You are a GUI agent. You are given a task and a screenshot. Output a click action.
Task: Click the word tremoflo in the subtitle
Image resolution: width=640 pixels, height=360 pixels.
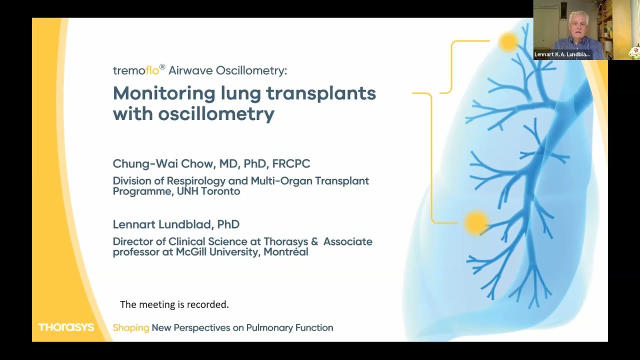click(x=135, y=70)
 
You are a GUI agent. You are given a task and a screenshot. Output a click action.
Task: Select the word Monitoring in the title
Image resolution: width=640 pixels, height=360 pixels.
click(x=163, y=93)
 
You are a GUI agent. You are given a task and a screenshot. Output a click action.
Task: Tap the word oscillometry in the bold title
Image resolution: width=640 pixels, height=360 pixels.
click(x=216, y=114)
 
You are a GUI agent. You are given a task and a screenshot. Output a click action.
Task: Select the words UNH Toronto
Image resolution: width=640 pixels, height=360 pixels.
click(x=208, y=191)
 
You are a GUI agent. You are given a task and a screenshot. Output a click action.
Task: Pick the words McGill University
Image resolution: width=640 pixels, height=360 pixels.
click(x=217, y=252)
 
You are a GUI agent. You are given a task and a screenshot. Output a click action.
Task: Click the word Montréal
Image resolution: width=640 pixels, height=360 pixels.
click(x=286, y=252)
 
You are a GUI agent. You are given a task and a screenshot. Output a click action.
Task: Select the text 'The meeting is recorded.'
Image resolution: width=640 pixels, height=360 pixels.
click(x=174, y=304)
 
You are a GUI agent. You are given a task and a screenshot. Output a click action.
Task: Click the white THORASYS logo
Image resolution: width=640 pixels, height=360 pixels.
click(x=66, y=327)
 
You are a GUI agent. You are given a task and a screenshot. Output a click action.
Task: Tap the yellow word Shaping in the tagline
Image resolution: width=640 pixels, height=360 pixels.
click(x=131, y=328)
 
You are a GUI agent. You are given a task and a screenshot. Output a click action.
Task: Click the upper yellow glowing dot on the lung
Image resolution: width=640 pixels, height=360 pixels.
click(x=508, y=42)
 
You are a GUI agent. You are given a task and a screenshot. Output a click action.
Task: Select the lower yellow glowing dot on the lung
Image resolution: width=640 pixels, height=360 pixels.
click(x=475, y=222)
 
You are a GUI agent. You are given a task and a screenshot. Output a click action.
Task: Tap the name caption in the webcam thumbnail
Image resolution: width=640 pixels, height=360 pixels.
click(x=562, y=54)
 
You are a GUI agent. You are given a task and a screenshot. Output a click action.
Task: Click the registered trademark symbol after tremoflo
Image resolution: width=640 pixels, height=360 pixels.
click(x=162, y=67)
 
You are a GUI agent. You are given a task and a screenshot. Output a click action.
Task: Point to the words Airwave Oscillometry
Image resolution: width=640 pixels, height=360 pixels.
click(x=227, y=70)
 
